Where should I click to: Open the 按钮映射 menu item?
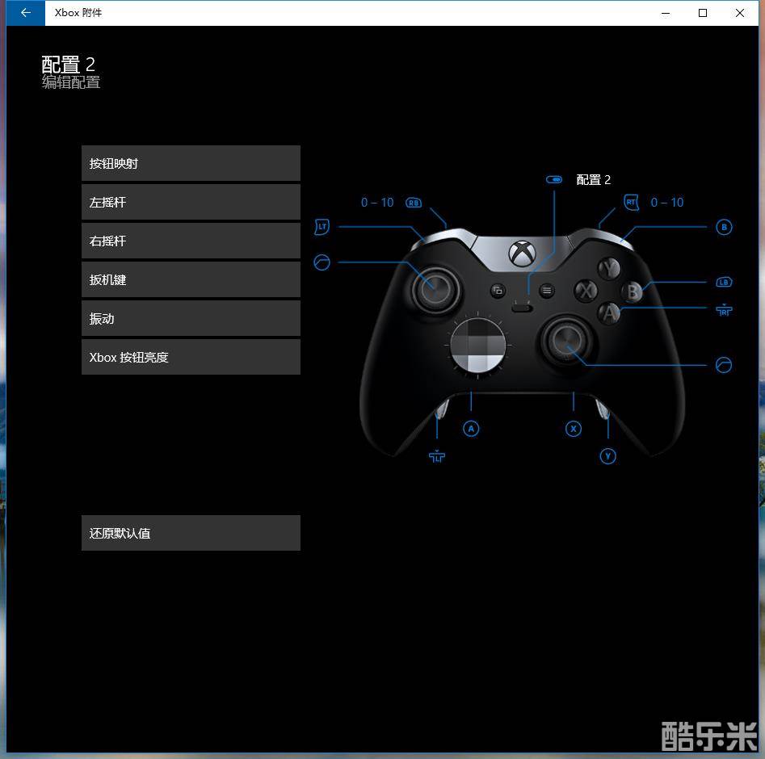coord(191,163)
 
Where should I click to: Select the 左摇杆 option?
coord(191,202)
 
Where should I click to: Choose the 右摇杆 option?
coord(191,241)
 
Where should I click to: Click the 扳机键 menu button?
coord(191,279)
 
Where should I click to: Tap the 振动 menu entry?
coord(191,318)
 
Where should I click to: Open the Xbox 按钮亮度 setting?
coord(191,357)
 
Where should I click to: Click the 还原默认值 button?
coord(191,533)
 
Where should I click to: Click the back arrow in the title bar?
coord(26,13)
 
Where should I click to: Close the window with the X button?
coord(740,13)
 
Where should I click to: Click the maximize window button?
coord(703,13)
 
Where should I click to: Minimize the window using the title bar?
coord(666,13)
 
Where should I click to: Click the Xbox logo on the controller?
coord(523,254)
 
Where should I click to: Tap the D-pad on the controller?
coord(478,346)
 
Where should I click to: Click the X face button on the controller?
coord(586,291)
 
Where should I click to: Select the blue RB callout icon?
coord(414,203)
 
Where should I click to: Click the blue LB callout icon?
coord(724,283)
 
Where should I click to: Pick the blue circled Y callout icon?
coord(607,456)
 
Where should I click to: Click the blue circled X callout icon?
coord(574,429)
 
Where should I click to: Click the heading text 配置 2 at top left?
coord(69,64)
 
